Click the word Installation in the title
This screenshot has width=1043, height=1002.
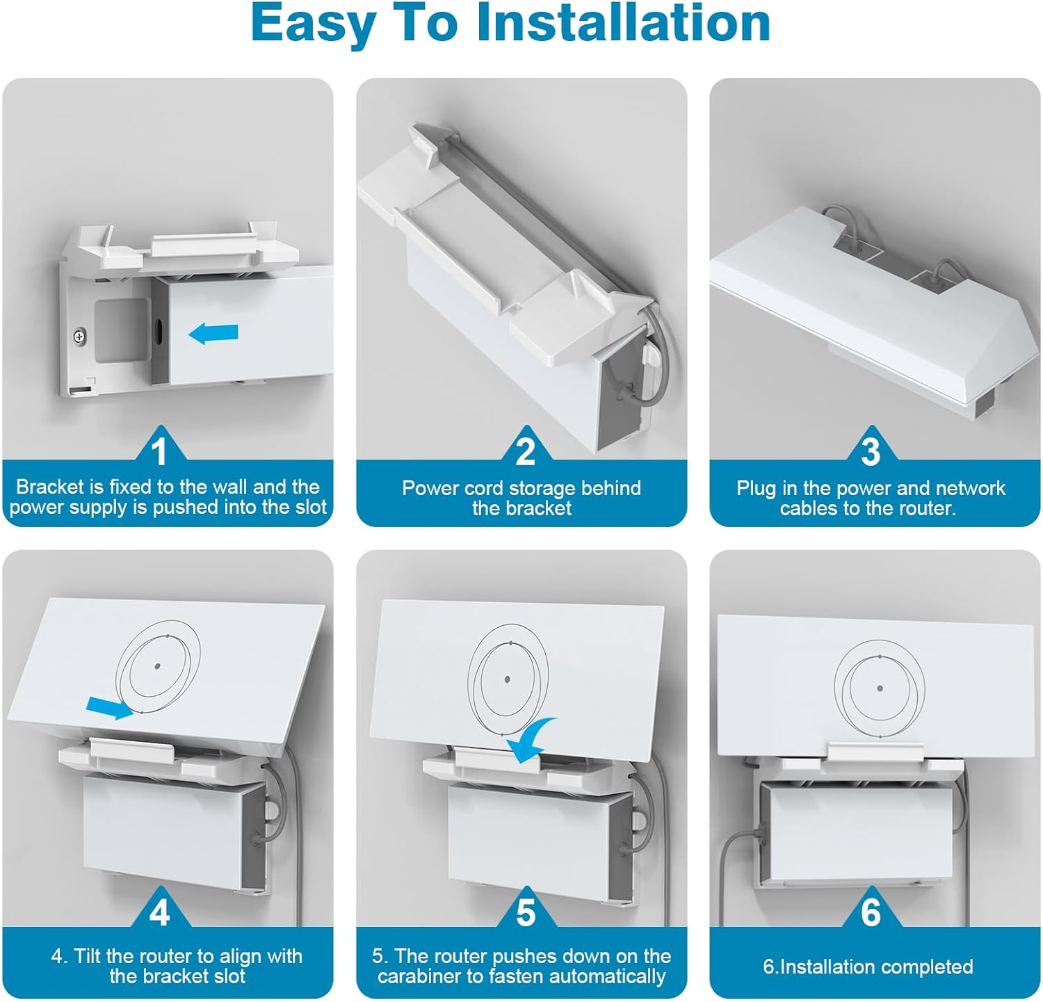coord(623,24)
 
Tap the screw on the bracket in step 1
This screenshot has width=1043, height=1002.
coord(81,337)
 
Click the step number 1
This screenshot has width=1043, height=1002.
coord(160,452)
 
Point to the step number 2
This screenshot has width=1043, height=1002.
coord(525,452)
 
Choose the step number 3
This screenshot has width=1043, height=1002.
coord(871,452)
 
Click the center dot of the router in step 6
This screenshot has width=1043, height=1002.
coord(880,688)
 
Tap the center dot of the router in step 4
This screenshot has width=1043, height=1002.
coord(157,665)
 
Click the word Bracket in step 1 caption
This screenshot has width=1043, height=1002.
coord(49,487)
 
